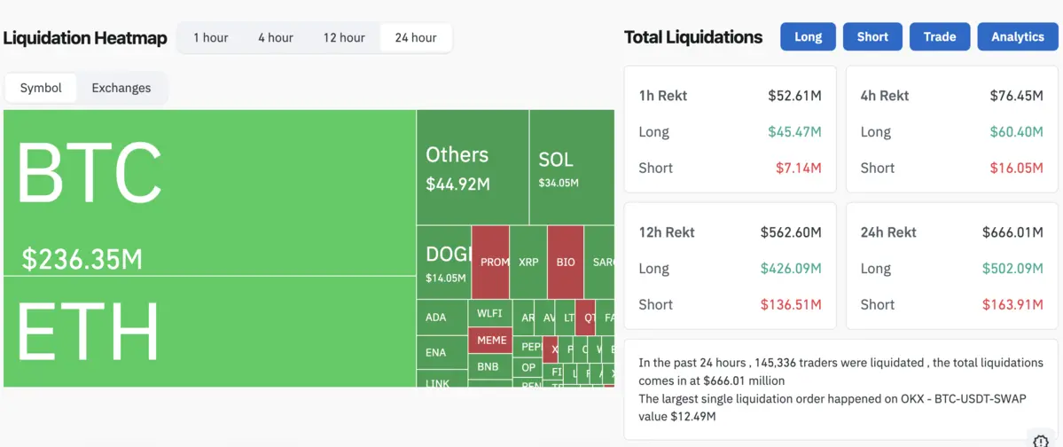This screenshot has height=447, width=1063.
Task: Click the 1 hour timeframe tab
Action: tap(211, 37)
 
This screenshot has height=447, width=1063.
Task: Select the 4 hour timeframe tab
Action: tap(276, 37)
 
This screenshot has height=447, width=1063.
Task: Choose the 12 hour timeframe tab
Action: tap(344, 37)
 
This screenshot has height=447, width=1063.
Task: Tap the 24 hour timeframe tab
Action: tap(416, 37)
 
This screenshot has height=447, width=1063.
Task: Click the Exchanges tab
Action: tap(121, 88)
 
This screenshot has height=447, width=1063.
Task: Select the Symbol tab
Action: tap(41, 88)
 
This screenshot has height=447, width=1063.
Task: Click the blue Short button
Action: tap(872, 36)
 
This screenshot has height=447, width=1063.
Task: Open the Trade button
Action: tap(940, 36)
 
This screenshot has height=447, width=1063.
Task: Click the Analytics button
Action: tap(1018, 36)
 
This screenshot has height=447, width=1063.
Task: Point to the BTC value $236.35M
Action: tap(82, 260)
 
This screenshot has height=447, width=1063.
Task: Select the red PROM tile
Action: tap(491, 262)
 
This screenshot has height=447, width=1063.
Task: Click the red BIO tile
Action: tap(566, 262)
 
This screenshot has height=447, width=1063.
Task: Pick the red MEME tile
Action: tap(492, 340)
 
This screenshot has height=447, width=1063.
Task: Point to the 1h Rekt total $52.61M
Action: tap(794, 96)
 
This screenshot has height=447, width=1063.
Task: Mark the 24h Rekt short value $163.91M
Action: tap(1012, 304)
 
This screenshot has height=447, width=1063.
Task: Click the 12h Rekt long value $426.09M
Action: tap(791, 269)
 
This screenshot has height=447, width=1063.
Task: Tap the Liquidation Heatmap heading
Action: tap(85, 38)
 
